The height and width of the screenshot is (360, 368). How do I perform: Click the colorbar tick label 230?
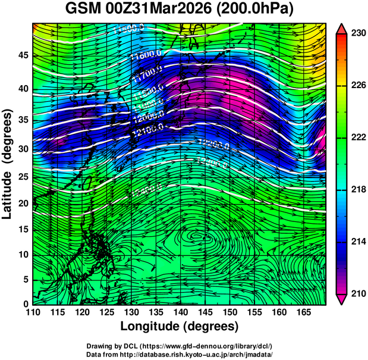tap(357, 33)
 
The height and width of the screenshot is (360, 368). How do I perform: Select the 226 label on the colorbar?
tap(357, 85)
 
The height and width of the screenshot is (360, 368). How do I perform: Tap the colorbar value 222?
tap(357, 137)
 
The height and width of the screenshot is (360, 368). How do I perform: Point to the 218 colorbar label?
tap(357, 189)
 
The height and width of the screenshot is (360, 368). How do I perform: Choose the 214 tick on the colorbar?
tap(357, 242)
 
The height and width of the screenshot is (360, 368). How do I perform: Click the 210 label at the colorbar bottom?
tap(357, 293)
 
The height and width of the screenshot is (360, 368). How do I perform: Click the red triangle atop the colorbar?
tap(342, 29)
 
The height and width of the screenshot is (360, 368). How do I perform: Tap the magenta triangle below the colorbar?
tap(342, 299)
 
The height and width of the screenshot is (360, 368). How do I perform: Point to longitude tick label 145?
tap(205, 312)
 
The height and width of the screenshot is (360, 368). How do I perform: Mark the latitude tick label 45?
tap(22, 55)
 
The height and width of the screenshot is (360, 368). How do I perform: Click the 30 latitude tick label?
tap(22, 149)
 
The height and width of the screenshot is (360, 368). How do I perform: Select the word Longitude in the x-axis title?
tap(154, 327)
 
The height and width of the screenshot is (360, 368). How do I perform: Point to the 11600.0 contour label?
tap(145, 55)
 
